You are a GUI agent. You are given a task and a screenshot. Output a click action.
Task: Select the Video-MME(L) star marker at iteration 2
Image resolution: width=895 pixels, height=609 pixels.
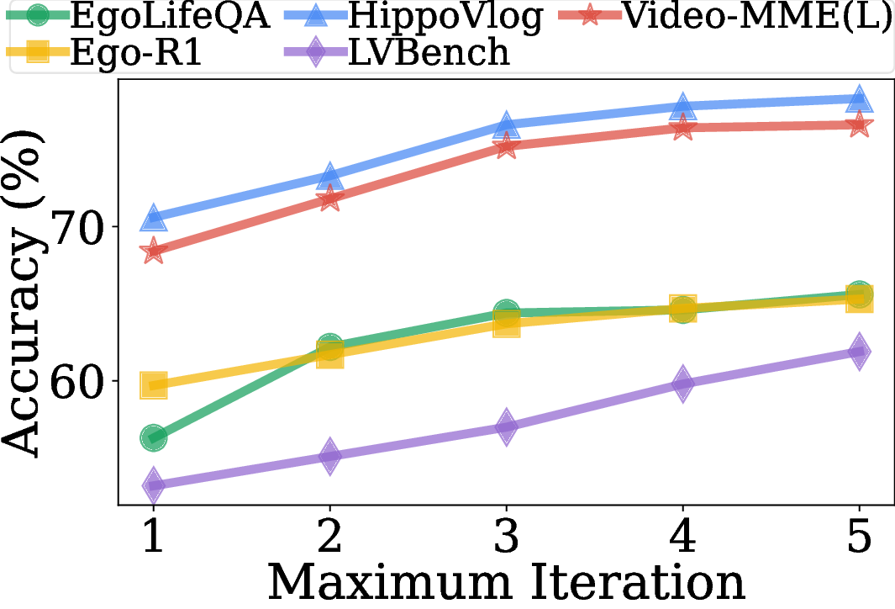point(329,199)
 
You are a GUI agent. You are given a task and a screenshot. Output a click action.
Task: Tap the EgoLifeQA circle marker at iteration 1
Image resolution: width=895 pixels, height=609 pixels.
point(153,437)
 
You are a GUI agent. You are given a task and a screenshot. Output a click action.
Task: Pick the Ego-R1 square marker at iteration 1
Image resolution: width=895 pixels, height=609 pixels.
point(153,386)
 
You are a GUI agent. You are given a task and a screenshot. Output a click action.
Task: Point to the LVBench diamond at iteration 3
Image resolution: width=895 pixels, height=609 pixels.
point(506,426)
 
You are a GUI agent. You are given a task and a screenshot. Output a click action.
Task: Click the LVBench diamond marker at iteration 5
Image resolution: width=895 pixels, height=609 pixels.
point(859,352)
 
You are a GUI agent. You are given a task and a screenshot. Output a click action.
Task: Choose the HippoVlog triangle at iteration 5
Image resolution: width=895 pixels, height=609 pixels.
point(859,98)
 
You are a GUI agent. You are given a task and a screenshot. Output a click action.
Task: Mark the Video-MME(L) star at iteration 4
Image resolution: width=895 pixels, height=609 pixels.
point(682,128)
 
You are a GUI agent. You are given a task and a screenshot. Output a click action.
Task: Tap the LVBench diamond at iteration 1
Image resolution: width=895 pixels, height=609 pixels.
point(153,485)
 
